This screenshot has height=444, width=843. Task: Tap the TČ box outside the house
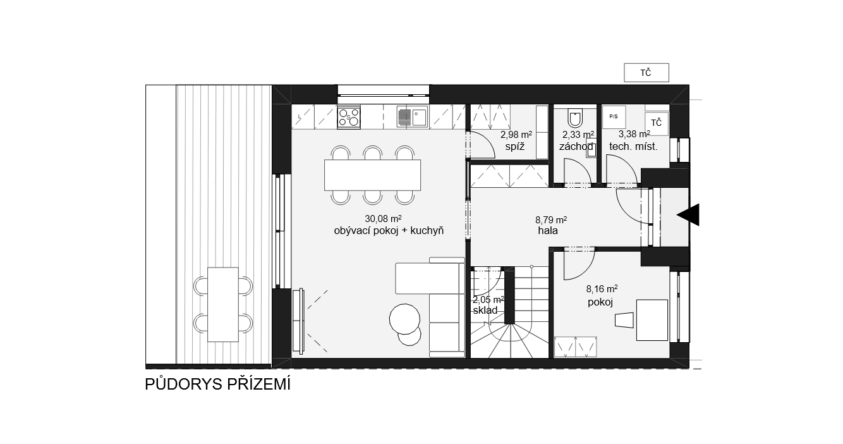[x=646, y=73]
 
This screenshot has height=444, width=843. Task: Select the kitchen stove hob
[x=348, y=117]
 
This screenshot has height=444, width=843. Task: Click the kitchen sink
[x=412, y=117]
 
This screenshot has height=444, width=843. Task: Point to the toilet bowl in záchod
[x=575, y=118]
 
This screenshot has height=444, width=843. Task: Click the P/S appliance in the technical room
[x=614, y=117]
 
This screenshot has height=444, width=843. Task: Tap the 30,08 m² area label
[x=383, y=219]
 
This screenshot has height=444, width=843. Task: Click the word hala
[x=548, y=230]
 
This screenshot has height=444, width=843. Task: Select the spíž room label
[x=514, y=147]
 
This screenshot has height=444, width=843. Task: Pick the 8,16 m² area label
[x=602, y=289]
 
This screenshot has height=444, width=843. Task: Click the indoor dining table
[x=373, y=175]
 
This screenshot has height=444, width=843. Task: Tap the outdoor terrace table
[x=223, y=305]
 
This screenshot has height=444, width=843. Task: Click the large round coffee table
[x=404, y=319]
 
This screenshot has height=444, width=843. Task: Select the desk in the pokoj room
[x=652, y=320]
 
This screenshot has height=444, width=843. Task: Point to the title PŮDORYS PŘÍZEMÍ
[x=218, y=384]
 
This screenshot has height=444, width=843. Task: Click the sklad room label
[x=485, y=311]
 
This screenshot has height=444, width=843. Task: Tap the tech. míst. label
[x=633, y=147]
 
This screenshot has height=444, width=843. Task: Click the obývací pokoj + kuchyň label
[x=389, y=231]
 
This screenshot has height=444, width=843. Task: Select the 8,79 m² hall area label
[x=551, y=219]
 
